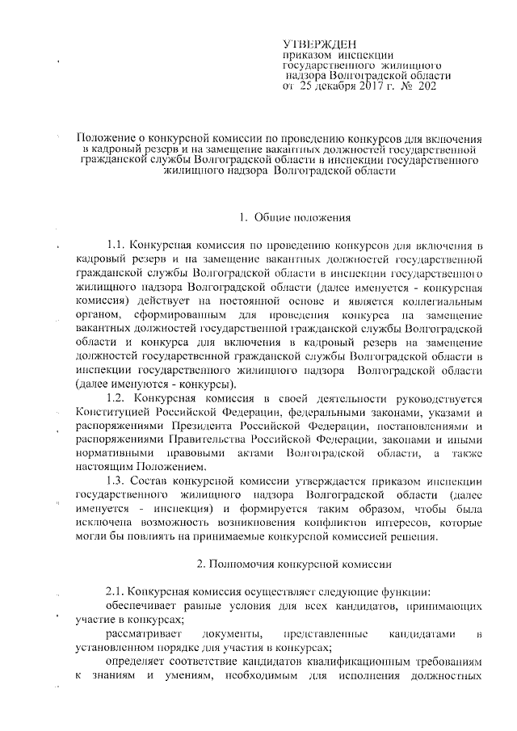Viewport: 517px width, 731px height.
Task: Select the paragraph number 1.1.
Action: click(x=118, y=245)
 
